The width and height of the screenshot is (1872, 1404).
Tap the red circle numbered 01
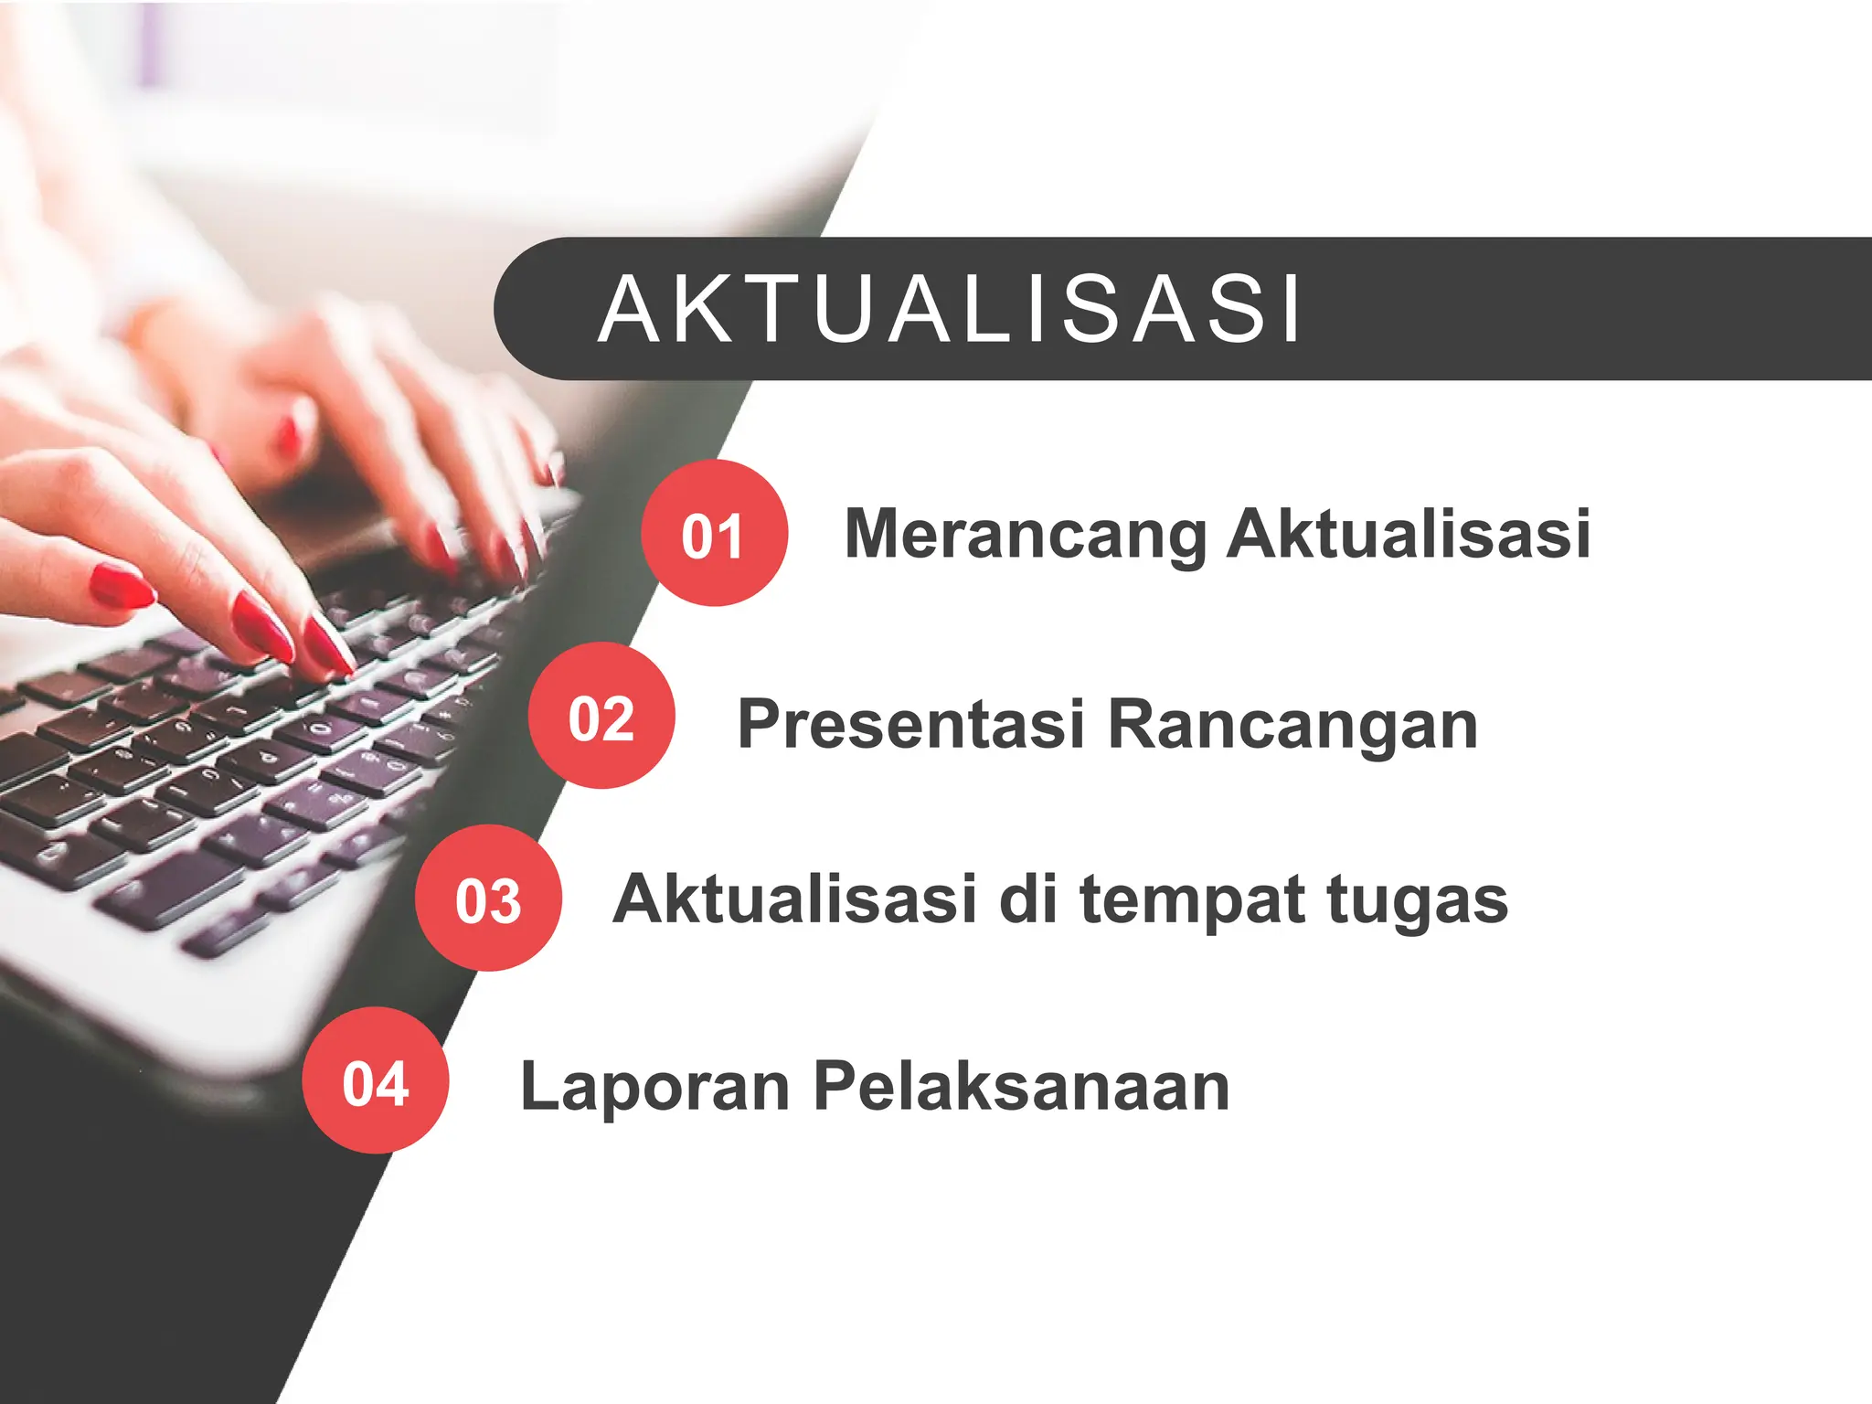[x=714, y=534]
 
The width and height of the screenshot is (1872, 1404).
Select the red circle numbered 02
[x=601, y=716]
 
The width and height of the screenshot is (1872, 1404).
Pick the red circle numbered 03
[x=488, y=899]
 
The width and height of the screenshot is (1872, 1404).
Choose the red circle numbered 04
[x=376, y=1081]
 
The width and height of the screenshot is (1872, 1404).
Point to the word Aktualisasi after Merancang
[x=1409, y=534]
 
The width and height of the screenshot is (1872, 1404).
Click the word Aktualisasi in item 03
[x=795, y=899]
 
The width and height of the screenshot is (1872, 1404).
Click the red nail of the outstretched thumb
[x=122, y=585]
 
